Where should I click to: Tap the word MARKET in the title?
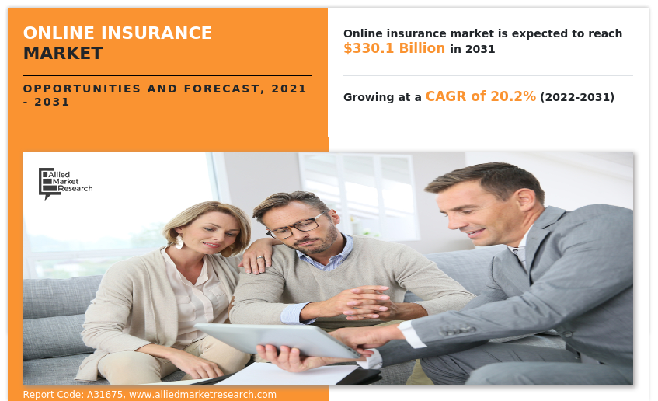pyautogui.click(x=63, y=54)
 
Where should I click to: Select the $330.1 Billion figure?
pyautogui.click(x=394, y=48)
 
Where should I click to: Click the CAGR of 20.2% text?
pyautogui.click(x=480, y=96)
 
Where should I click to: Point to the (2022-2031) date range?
pyautogui.click(x=577, y=97)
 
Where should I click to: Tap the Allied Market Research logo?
pyautogui.click(x=65, y=183)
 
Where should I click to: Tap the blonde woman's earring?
pyautogui.click(x=179, y=242)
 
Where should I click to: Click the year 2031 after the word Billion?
pyautogui.click(x=480, y=49)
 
